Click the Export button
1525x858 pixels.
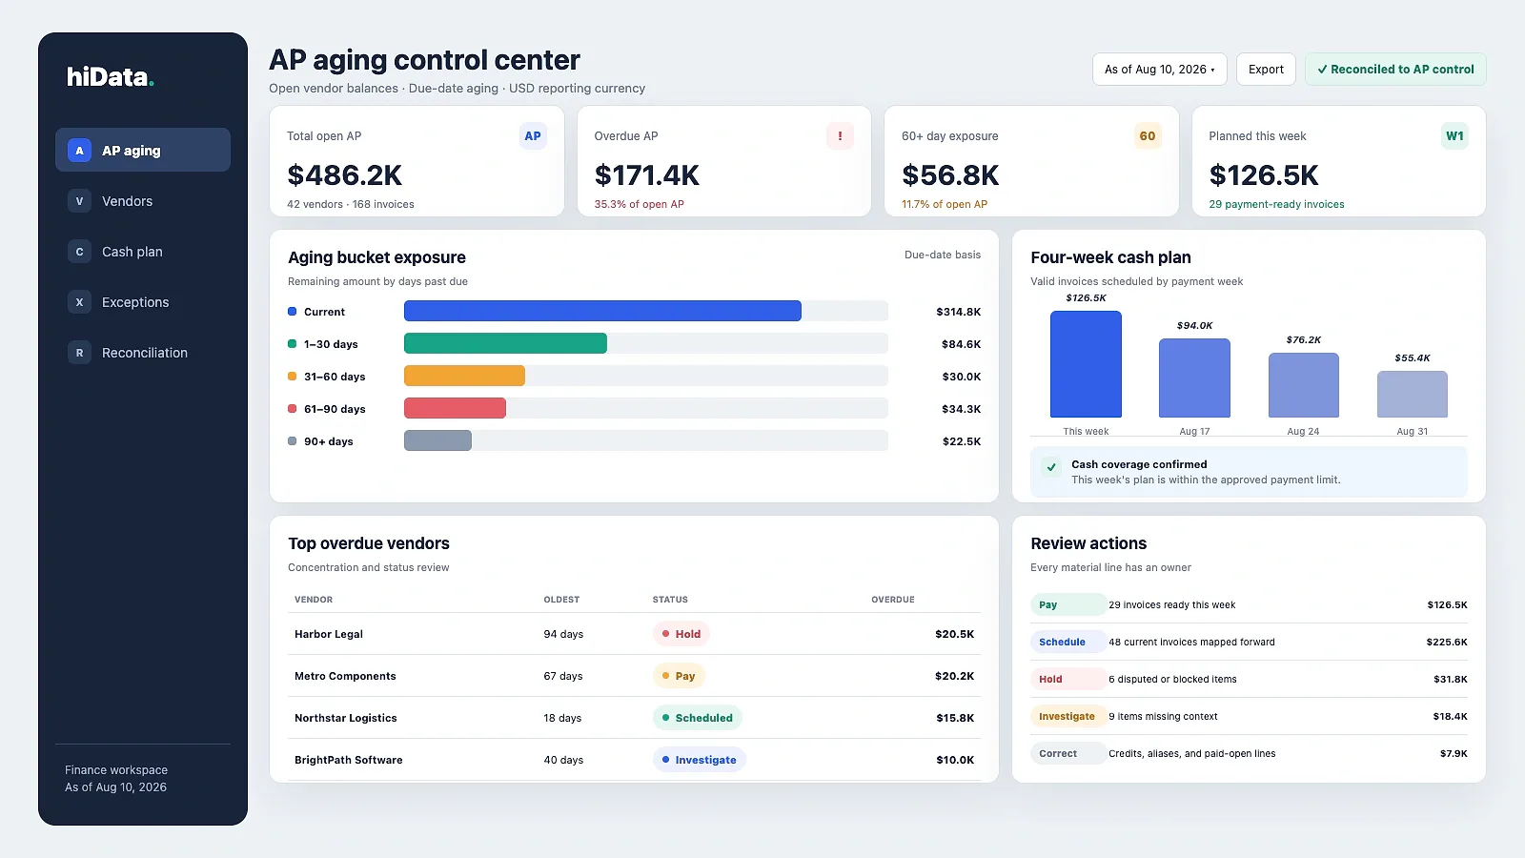tap(1266, 70)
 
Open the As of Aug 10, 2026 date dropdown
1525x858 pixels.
tap(1159, 70)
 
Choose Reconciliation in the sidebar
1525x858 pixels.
tap(143, 353)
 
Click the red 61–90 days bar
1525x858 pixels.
tap(455, 409)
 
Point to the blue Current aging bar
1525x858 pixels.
tap(602, 311)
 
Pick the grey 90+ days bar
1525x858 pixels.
tap(437, 440)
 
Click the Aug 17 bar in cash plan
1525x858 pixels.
tap(1194, 378)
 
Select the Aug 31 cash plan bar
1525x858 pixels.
tap(1412, 395)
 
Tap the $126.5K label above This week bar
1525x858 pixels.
tap(1086, 298)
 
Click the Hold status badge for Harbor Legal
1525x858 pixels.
tap(681, 634)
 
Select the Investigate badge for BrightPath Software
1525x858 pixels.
tap(700, 759)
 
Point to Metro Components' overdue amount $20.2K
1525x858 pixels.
tap(954, 676)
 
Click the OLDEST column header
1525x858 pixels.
tap(561, 600)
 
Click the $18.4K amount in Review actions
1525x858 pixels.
tap(1450, 716)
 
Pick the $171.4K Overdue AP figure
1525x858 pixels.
tap(647, 175)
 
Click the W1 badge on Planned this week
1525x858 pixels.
tap(1454, 136)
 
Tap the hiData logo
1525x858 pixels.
tap(111, 77)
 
